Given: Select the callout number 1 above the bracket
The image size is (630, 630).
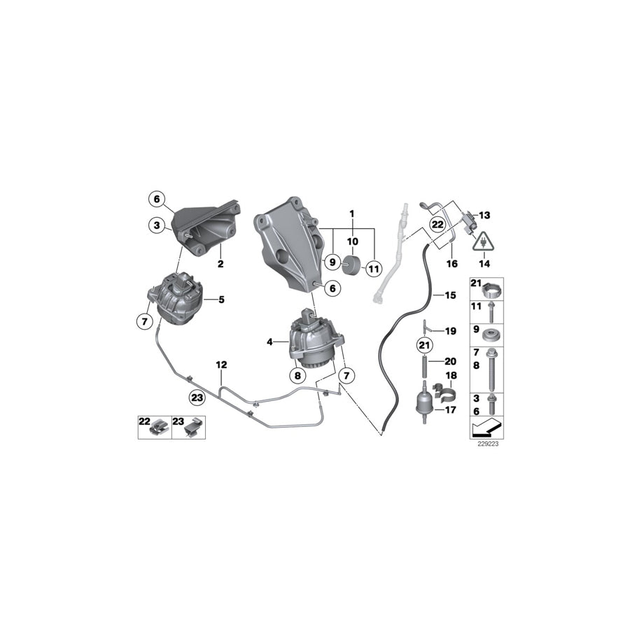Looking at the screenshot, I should (353, 213).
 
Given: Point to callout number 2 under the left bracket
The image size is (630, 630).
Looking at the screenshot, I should (220, 265).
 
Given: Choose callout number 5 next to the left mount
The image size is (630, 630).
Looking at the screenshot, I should (221, 300).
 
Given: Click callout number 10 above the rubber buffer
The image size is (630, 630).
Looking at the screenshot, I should (353, 241).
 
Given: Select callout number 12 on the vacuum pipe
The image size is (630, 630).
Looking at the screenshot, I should (221, 365).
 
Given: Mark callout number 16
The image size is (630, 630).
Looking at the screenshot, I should (451, 265).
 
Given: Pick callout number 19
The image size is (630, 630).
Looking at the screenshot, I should (450, 330).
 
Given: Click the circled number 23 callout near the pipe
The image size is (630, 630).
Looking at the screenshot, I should (197, 398).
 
